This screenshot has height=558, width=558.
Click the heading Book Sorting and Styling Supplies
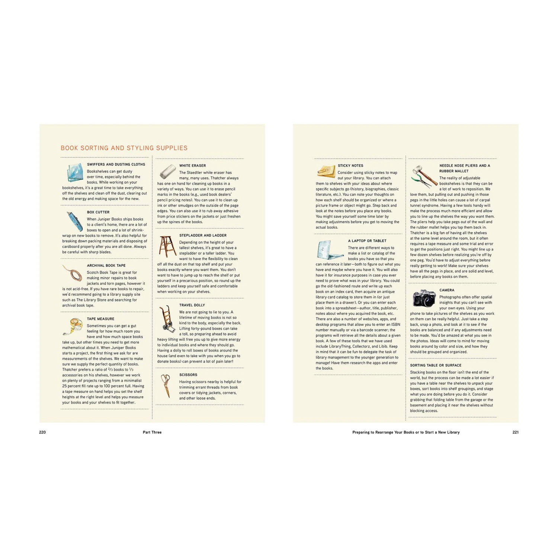point(124,148)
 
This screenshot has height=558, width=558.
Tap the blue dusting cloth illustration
point(75,173)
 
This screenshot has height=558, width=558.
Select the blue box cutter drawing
point(74,221)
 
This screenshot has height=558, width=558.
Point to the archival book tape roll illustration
point(73,273)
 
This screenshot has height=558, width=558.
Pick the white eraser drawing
point(167,171)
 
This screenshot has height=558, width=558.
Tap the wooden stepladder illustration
point(167,246)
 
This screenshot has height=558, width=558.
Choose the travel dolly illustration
point(167,318)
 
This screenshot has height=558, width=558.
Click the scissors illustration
point(166,385)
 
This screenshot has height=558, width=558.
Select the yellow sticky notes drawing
point(326,171)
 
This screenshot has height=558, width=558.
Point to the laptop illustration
point(329,250)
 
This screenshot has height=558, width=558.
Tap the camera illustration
point(424,298)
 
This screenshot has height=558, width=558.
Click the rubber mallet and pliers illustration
point(424,176)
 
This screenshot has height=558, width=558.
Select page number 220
point(42,432)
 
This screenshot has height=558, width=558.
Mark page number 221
point(515,432)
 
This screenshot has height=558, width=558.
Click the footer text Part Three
point(152,432)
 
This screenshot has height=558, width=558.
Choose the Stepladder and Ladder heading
point(203,235)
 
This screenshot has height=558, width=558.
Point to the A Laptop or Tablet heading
point(367,241)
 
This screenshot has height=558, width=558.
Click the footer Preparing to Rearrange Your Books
point(406,432)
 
